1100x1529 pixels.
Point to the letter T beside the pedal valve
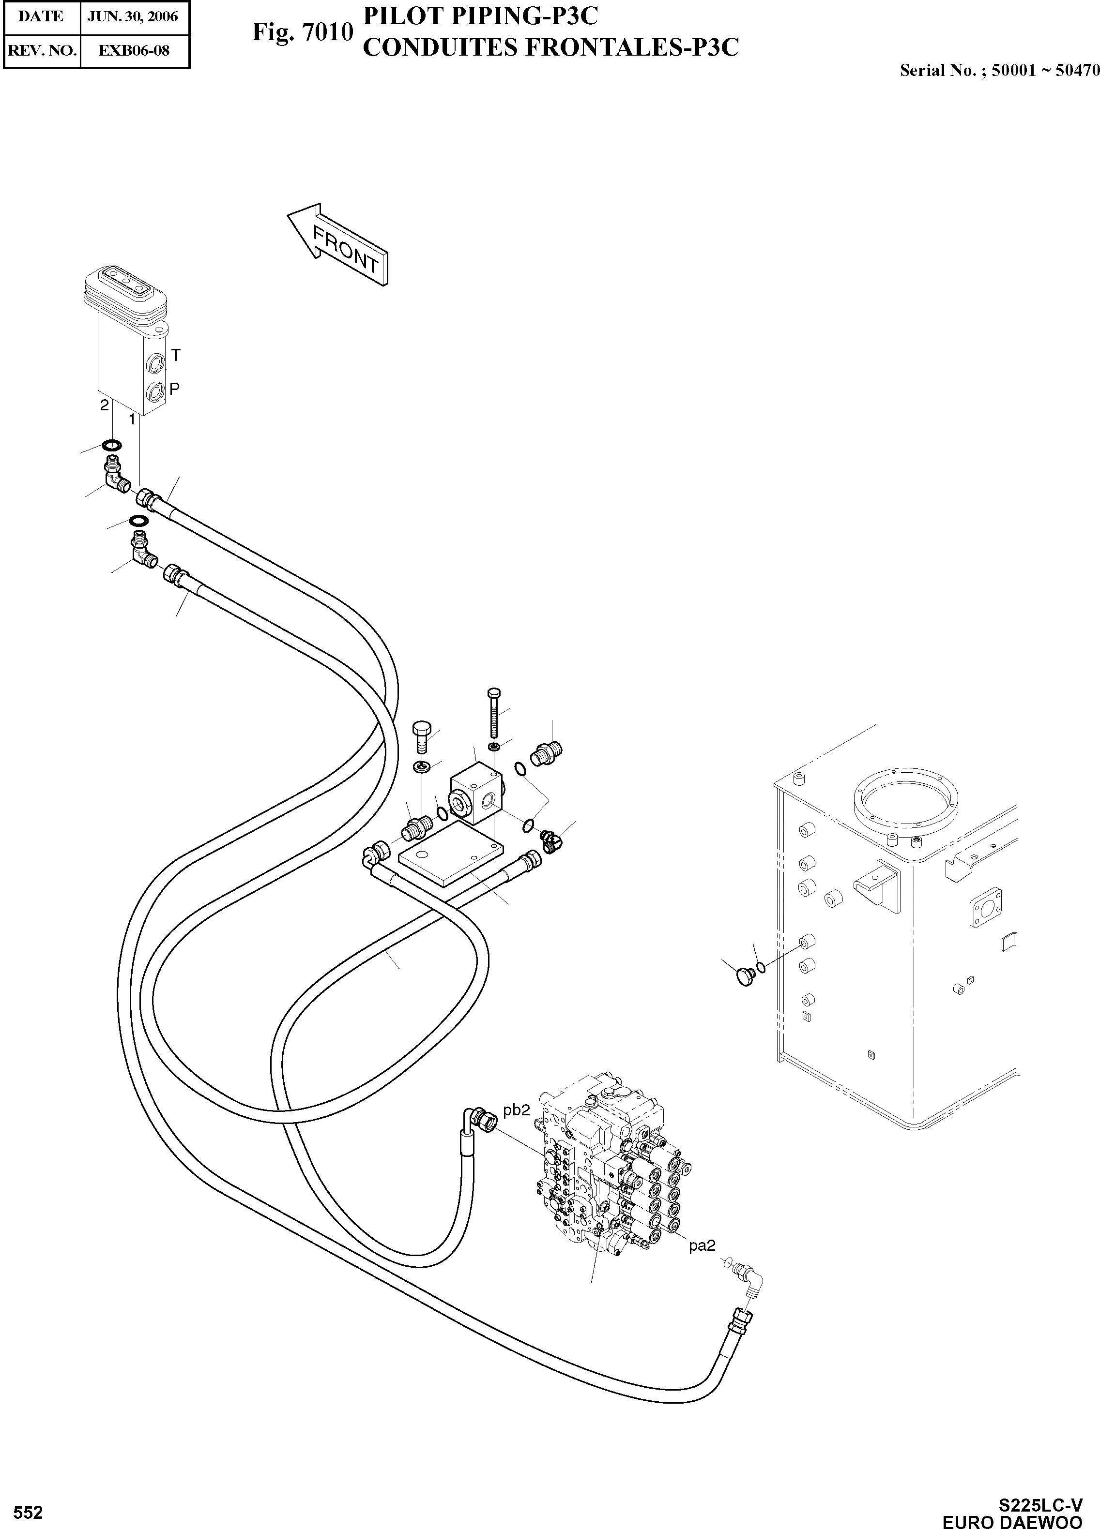coord(175,354)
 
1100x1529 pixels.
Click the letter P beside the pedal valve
coord(174,389)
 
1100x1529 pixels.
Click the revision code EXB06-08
coord(134,50)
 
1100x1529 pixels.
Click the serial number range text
coord(999,70)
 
